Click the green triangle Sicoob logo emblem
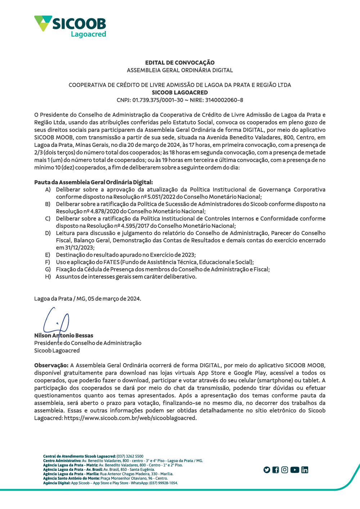[x=43, y=23]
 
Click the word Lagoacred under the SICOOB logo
[x=88, y=34]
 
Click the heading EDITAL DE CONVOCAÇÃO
[x=180, y=63]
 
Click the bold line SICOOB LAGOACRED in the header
[x=180, y=93]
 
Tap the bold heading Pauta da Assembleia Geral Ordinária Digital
[x=93, y=182]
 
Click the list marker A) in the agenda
[x=48, y=190]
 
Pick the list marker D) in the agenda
[x=48, y=233]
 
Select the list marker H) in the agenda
[x=48, y=277]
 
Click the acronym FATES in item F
[x=111, y=262]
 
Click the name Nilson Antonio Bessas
[x=64, y=335]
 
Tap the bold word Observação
[x=51, y=365]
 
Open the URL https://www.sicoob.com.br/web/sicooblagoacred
[x=130, y=418]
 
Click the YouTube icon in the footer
[x=295, y=470]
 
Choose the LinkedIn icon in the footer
[x=305, y=470]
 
